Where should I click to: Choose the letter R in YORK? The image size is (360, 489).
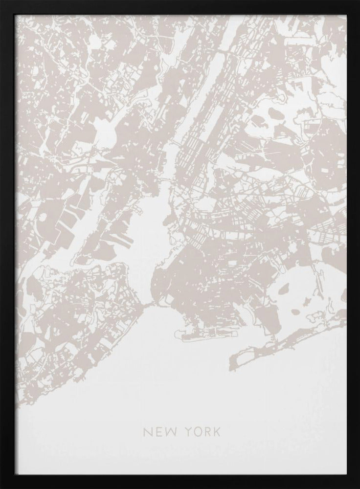207,432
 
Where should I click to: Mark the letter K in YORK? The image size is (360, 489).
217,432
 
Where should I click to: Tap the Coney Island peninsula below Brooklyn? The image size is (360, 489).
196,335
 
